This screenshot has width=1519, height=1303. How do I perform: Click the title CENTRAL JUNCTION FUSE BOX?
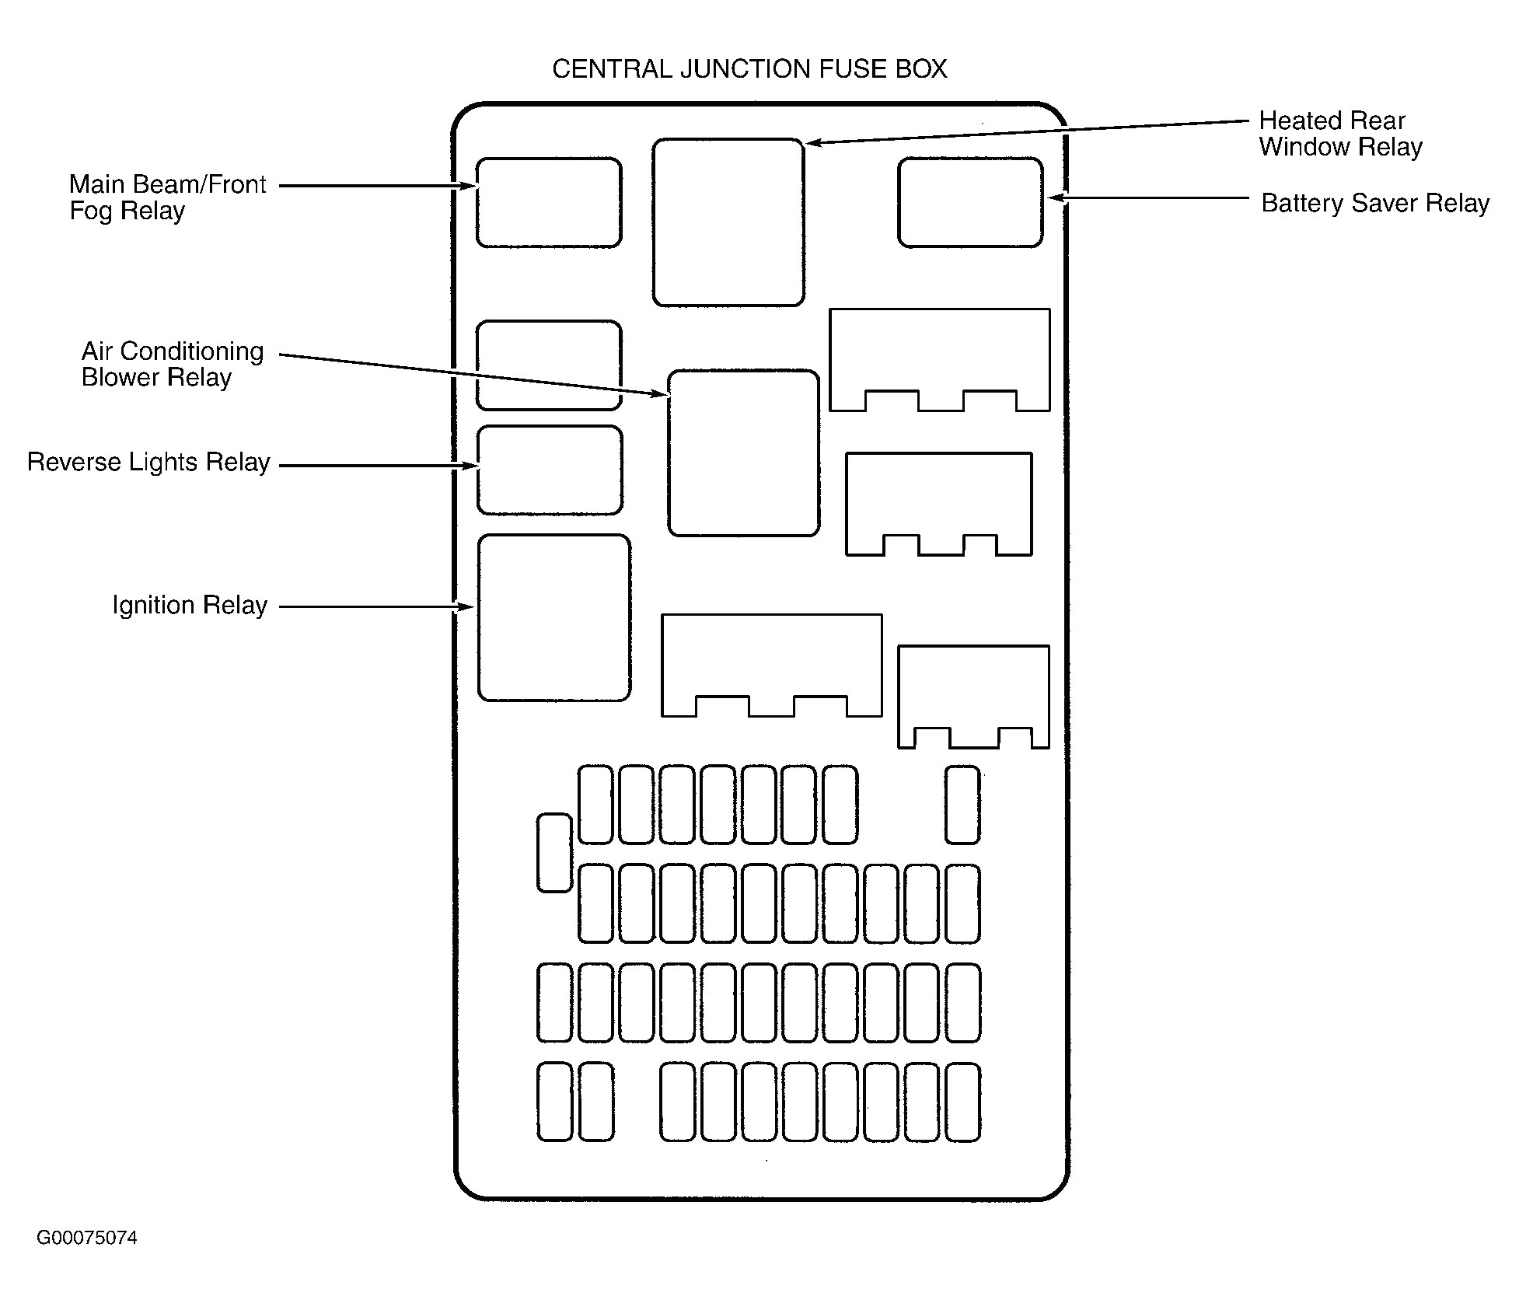click(x=749, y=70)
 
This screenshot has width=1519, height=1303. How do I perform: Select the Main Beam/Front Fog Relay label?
click(x=167, y=197)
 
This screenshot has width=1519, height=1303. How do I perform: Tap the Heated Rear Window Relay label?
click(x=1339, y=134)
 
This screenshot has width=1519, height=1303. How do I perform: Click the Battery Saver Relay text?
click(x=1374, y=204)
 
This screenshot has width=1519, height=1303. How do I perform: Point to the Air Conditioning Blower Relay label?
click(x=173, y=364)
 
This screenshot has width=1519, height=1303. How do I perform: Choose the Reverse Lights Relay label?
click(x=148, y=463)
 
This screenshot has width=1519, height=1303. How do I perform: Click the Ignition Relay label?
click(x=190, y=606)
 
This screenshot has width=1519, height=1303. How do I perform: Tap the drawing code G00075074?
click(x=87, y=1238)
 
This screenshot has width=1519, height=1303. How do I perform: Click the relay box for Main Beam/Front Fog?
click(x=549, y=203)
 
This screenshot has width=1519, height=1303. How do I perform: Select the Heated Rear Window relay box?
click(x=728, y=222)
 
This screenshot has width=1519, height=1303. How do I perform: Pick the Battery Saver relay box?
click(x=970, y=203)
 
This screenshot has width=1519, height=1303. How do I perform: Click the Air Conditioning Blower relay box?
click(x=743, y=453)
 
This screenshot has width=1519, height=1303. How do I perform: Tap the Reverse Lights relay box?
click(x=550, y=470)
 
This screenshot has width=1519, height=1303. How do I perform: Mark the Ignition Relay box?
click(x=553, y=618)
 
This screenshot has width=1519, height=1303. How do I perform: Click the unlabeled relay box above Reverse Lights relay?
click(x=549, y=365)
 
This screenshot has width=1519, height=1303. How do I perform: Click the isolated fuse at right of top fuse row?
click(x=962, y=805)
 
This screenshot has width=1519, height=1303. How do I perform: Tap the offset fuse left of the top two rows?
click(x=554, y=853)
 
